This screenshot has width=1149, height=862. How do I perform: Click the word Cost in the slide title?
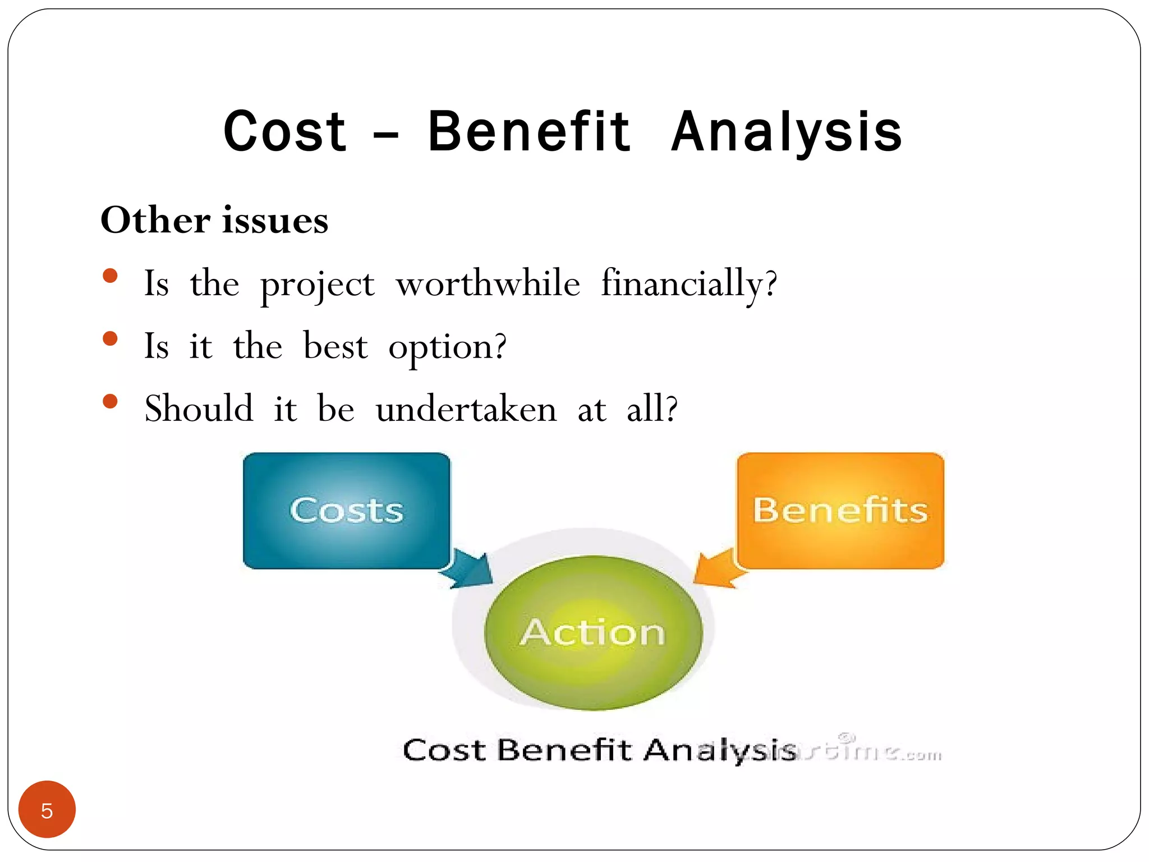(x=284, y=132)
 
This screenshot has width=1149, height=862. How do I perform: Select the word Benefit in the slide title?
(x=528, y=132)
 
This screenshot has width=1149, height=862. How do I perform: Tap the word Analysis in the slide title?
(x=787, y=132)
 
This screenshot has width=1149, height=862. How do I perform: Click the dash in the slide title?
(x=386, y=135)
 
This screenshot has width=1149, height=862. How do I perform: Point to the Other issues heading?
(x=214, y=220)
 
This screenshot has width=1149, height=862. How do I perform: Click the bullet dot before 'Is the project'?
(x=111, y=276)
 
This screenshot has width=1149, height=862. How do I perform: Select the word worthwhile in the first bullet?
(x=488, y=283)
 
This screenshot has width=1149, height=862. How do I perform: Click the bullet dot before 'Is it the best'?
(x=111, y=338)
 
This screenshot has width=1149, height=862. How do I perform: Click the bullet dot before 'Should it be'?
(x=111, y=401)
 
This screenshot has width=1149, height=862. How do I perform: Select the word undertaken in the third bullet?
(x=466, y=409)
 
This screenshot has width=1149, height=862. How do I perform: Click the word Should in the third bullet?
(x=199, y=409)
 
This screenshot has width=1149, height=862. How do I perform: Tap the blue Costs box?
(x=346, y=510)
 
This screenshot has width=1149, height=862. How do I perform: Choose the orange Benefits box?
(x=840, y=510)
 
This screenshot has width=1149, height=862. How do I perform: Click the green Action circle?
(x=593, y=632)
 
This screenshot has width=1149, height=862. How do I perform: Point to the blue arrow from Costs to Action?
(x=468, y=570)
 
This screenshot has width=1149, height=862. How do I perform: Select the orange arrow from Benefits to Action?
(x=715, y=570)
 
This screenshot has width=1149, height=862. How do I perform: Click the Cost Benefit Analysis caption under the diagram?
(x=599, y=750)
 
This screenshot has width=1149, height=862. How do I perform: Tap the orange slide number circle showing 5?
(x=47, y=809)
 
